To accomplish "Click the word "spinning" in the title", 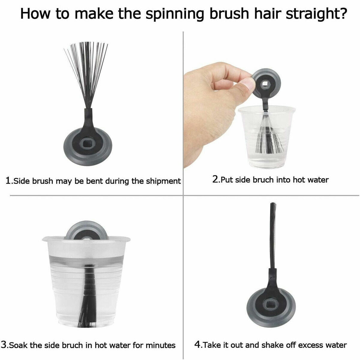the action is coord(174,14).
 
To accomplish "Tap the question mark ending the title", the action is coord(340,13).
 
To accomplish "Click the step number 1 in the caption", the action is coord(8,181).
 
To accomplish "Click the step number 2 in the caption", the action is coord(215,179).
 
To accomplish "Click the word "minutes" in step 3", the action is coord(160,345).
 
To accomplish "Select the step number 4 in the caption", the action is coord(197,344).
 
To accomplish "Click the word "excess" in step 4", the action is coord(311,345).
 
